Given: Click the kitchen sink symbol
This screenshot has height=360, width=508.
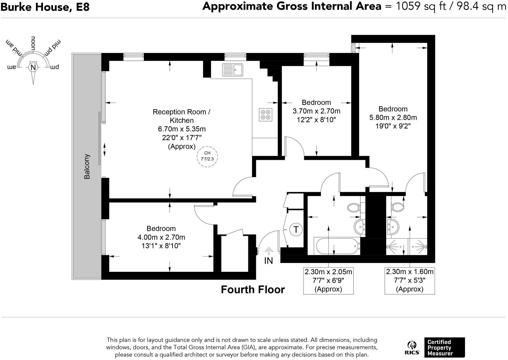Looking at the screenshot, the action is point(232,70).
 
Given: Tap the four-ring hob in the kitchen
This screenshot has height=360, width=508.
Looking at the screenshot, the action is point(265,114).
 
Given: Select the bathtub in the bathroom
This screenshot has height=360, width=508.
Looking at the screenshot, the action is point(337,246).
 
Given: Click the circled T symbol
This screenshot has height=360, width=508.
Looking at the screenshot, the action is point(296,229).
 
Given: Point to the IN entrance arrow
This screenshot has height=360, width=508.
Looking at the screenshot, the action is point(269,251).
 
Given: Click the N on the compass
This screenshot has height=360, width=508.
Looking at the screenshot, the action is point(33,67).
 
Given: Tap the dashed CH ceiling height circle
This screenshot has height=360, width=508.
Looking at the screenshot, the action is point(207,156).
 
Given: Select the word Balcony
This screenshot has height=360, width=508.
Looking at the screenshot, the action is point(87,166).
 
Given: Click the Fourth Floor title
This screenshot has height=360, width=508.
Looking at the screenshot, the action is point(253,289).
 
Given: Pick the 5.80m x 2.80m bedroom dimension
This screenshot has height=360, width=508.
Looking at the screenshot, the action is point(393,117).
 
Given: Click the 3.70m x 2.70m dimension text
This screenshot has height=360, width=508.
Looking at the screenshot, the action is point(316,111).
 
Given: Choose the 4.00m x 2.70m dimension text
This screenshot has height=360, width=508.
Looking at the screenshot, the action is point(161,237).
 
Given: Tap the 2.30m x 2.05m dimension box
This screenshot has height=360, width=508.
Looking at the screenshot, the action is point(328,280).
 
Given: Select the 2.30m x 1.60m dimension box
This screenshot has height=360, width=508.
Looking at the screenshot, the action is point(410,280).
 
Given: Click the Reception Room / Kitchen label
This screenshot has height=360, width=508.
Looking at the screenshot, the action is point(182,116).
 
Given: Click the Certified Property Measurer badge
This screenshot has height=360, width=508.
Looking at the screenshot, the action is point(444,347).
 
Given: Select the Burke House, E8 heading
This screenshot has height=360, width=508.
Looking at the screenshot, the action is point(45,7).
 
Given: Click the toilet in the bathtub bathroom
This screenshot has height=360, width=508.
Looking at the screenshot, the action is point(354,208).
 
